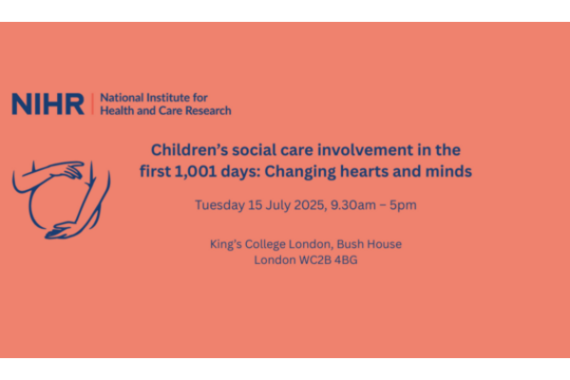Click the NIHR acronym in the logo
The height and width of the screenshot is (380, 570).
pos(48,104)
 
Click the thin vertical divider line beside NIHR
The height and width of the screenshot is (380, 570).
pos(93,104)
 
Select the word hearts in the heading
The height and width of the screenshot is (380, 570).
pos(366,171)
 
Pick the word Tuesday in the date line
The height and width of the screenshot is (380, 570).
pos(220,205)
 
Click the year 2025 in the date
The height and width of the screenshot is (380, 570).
pos(309,205)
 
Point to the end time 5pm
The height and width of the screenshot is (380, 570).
pos(403,205)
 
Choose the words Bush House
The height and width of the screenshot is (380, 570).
pos(370,243)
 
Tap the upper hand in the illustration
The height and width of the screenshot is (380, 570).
pos(69,169)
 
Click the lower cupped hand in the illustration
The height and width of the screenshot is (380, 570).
pos(62,230)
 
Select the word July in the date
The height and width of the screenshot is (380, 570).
pos(277,205)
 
